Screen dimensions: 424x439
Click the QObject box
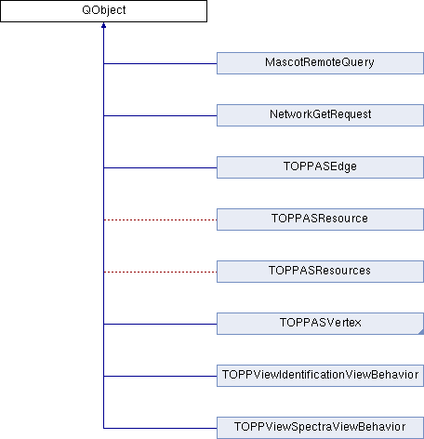[x=103, y=11]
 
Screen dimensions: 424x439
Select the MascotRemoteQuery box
[x=320, y=63]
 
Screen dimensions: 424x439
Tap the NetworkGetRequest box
[x=320, y=115]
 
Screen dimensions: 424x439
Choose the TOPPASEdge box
[x=320, y=167]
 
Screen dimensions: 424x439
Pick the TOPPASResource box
[x=320, y=219]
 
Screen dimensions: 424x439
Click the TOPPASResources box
[x=320, y=272]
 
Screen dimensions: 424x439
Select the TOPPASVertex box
[x=320, y=324]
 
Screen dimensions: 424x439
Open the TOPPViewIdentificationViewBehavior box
[x=320, y=376]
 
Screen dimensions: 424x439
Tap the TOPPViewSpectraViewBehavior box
[x=320, y=428]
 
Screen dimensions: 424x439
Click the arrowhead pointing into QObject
[x=103, y=25]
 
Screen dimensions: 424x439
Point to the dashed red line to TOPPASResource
[x=160, y=219]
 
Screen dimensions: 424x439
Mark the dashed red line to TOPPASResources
[x=160, y=272]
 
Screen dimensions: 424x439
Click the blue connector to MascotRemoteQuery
[x=160, y=63]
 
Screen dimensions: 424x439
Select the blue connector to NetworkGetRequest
[x=160, y=115]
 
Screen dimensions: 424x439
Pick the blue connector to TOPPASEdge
[x=160, y=167]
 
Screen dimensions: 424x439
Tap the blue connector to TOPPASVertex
[x=160, y=324]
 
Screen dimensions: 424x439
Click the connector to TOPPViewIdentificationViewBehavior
[x=160, y=376]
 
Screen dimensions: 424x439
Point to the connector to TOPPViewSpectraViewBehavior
[x=160, y=428]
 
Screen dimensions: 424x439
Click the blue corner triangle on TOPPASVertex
[x=421, y=332]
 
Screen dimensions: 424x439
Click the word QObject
[x=104, y=10]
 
